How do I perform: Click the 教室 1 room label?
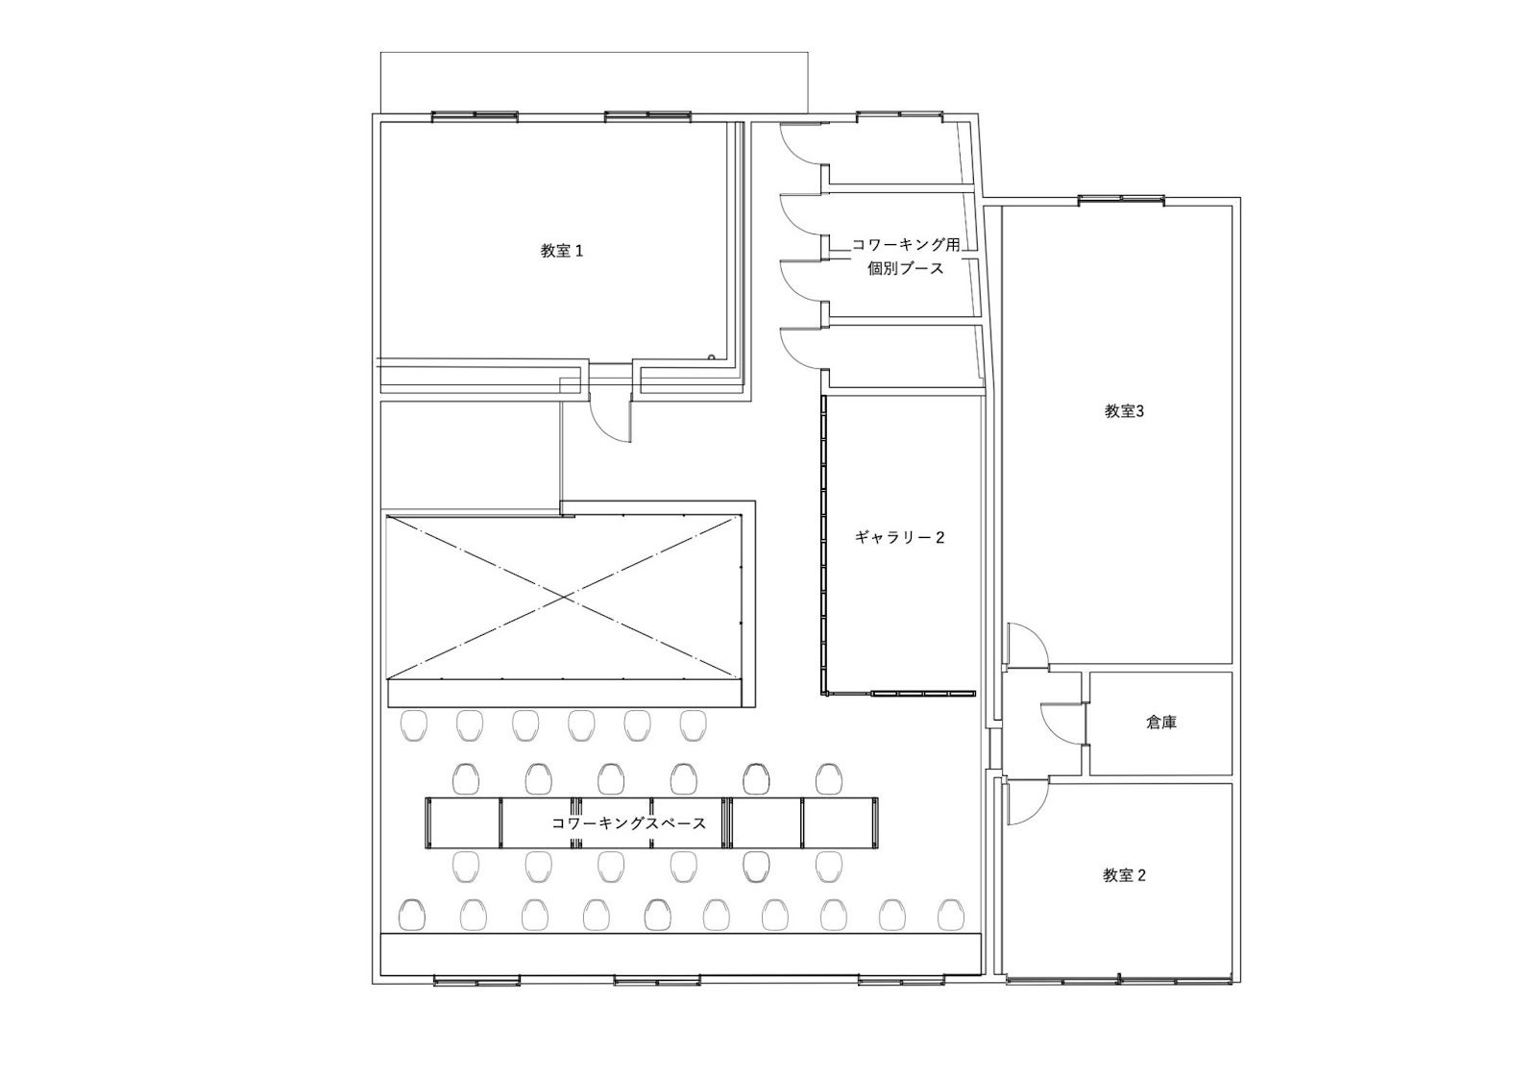(561, 251)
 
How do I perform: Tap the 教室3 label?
(1124, 412)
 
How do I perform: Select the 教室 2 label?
(1124, 875)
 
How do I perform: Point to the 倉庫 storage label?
(1161, 723)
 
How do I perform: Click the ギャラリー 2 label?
(899, 538)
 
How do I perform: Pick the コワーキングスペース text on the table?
(628, 823)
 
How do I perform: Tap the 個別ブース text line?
(906, 268)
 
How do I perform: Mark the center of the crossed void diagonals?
(565, 597)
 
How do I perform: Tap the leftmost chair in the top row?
(413, 725)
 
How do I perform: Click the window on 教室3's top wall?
(1120, 200)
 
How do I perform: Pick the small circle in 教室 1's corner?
(712, 356)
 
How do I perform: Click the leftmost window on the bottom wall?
(476, 981)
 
